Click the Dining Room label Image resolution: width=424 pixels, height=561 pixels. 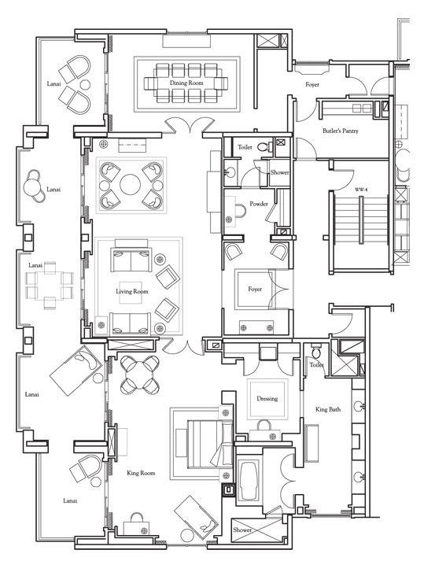[x=186, y=83]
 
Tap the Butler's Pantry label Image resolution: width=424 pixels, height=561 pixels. [x=341, y=131]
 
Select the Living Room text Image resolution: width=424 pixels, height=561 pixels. [x=131, y=292]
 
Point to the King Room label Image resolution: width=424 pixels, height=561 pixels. [x=141, y=473]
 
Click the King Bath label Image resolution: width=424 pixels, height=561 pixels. [x=328, y=409]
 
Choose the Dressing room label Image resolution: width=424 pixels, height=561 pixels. [x=267, y=399]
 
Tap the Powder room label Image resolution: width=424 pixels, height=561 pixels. [x=259, y=204]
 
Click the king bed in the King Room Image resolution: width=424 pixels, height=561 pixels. [x=206, y=444]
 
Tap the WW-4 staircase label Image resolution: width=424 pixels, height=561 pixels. [x=361, y=190]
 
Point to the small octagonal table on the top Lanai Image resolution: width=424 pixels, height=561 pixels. [x=85, y=85]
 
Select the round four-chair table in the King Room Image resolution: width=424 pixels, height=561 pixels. [x=139, y=375]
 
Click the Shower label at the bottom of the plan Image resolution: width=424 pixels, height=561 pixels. [x=242, y=530]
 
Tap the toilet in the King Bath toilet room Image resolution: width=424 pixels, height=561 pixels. [x=316, y=351]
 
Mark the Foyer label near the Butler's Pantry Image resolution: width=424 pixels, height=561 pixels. [x=312, y=85]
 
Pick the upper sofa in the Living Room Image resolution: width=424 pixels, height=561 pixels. [x=131, y=259]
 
